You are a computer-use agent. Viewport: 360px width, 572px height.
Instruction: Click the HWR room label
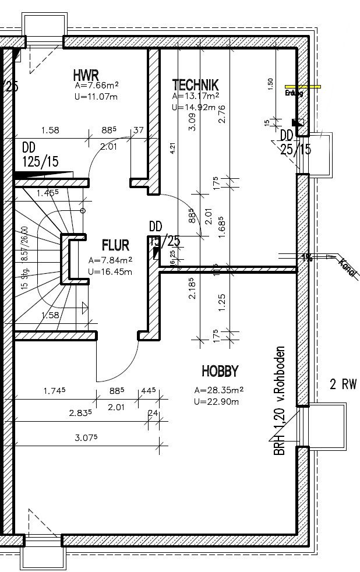[x=86, y=75]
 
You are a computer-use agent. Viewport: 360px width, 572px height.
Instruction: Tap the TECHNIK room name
[x=195, y=84]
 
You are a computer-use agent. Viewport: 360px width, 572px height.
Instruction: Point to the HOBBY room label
[x=220, y=370]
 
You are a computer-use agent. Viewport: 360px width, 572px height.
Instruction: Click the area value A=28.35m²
[x=218, y=390]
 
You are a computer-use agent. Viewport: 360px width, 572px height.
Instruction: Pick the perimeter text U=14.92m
[x=194, y=107]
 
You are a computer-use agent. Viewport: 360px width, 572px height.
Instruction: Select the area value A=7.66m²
[x=97, y=85]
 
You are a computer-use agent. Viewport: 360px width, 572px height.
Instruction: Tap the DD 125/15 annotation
[x=40, y=155]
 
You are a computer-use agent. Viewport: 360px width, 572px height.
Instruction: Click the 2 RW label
[x=343, y=384]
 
